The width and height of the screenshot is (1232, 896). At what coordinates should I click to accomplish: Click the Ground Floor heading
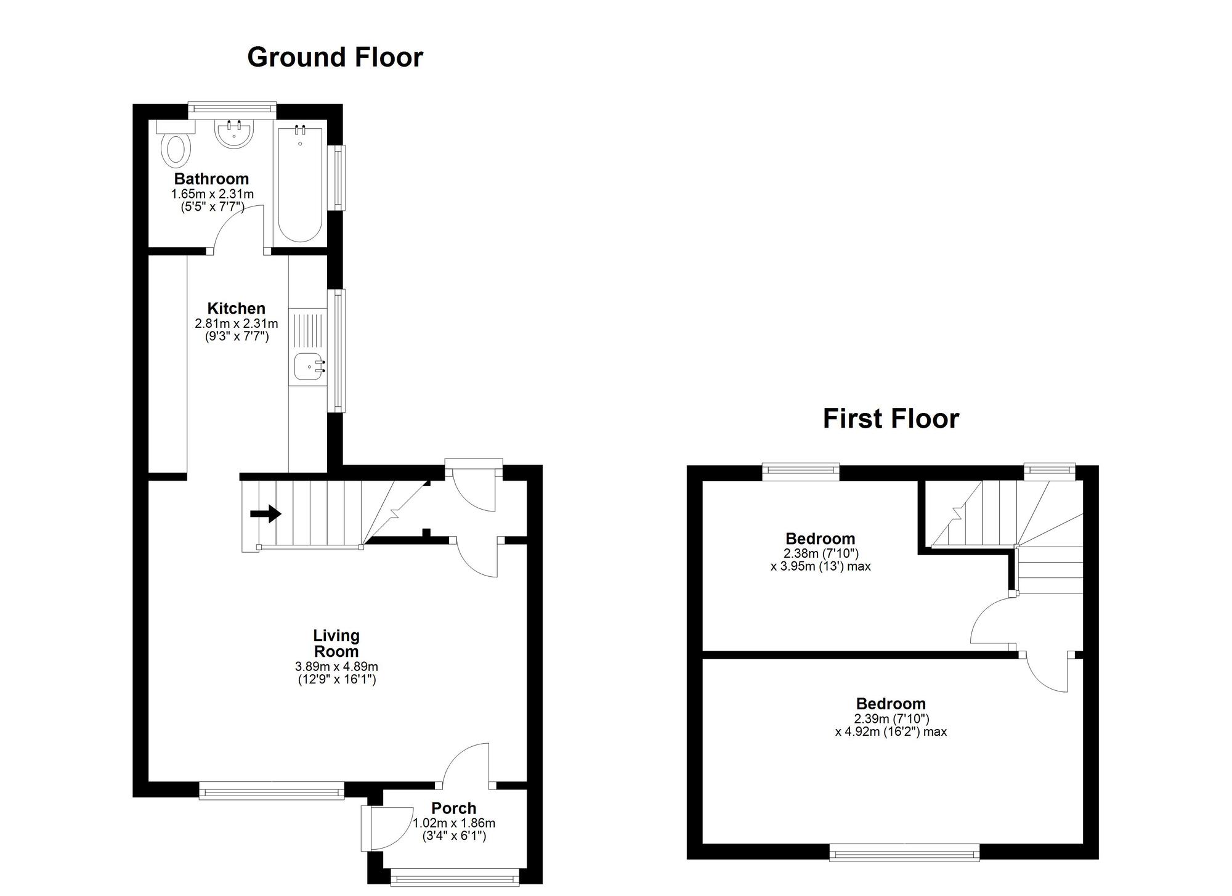point(335,57)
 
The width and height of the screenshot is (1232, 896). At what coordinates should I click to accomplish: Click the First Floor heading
point(891,419)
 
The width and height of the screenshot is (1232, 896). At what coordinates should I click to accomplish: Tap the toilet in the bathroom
point(176,144)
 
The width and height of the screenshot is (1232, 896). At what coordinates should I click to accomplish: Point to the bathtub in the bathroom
point(300,184)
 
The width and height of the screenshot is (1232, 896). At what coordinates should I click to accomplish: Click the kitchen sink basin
point(307,367)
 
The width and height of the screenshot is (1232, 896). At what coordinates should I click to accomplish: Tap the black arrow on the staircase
point(266,513)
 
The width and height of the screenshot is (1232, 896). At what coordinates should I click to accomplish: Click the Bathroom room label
point(211,179)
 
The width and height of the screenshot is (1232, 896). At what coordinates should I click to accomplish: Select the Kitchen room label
point(236,308)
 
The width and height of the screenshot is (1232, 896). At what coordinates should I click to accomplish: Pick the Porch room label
point(454,808)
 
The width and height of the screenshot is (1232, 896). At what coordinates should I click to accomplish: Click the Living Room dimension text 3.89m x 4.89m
point(336,667)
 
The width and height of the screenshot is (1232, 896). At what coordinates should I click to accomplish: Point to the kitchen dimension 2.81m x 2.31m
point(237,324)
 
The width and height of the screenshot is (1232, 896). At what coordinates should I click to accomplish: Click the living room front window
point(271,791)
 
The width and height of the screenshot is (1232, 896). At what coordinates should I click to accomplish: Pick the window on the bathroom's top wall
point(232,108)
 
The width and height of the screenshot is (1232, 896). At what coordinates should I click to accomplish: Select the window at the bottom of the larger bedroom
point(904,853)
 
